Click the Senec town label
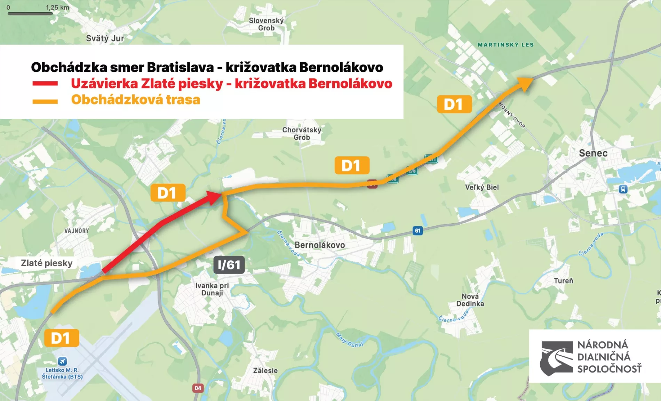593,153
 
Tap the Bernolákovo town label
320,245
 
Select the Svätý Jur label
105,38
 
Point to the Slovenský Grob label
266,24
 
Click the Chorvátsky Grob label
302,133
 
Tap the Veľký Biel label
482,187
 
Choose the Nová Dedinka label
470,300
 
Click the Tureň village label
563,281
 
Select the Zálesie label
265,371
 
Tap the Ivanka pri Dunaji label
212,289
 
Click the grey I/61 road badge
229,265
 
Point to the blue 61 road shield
418,231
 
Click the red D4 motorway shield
198,388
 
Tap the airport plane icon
62,361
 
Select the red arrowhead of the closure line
214,197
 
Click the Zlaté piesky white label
47,263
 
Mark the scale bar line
30,14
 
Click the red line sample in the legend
45,84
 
